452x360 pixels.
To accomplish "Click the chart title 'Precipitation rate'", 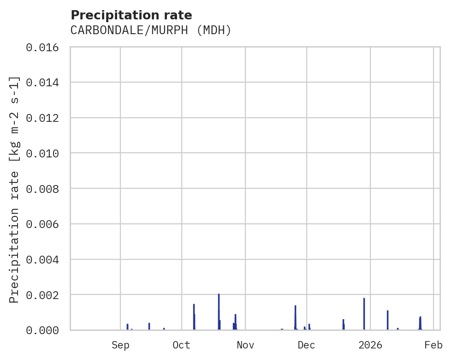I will pos(131,15).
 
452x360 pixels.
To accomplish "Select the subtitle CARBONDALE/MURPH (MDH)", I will pos(150,30).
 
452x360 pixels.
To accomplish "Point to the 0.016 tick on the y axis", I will pos(45,47).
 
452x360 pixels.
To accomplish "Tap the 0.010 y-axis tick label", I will pos(45,153).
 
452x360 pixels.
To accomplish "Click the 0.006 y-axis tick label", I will pos(45,224).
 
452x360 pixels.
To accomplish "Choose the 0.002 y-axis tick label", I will pos(45,295).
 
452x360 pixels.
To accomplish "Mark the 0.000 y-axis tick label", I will pos(45,330).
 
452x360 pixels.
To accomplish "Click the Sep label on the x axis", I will pos(120,345).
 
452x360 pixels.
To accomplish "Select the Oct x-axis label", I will pos(182,345).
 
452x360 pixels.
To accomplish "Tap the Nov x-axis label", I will pos(245,345).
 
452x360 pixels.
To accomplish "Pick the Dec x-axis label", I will pos(307,345).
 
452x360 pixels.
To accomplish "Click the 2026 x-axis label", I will pos(371,345).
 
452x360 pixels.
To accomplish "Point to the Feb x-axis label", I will pos(434,345).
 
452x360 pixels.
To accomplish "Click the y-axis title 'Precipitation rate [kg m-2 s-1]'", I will pos(15,189).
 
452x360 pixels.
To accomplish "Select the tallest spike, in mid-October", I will pos(219,312).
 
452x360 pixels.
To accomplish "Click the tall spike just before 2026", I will pos(364,314).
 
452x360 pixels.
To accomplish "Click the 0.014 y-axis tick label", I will pos(45,83).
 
